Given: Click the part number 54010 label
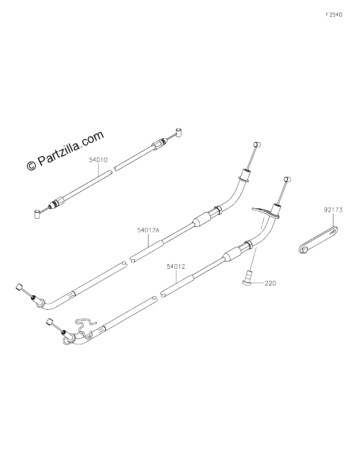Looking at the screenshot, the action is click(98, 160).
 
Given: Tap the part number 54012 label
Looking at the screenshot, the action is click(176, 266).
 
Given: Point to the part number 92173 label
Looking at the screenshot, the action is click(333, 210).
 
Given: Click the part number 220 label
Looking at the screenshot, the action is click(270, 283).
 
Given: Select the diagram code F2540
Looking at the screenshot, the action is click(333, 14).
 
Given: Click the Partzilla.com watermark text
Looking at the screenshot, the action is click(71, 147).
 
